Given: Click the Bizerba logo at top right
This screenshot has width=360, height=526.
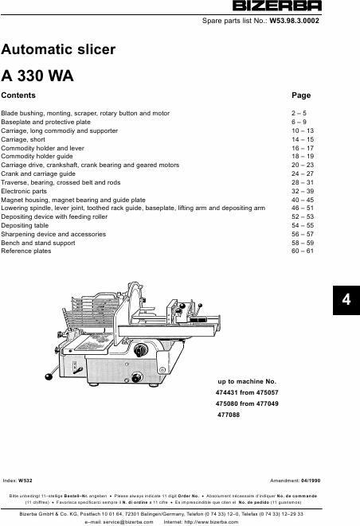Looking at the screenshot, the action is tap(277, 6).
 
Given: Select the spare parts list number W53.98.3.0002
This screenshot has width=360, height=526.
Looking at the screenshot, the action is tap(294, 21).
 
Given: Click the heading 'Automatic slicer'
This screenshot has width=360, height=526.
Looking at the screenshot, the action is tap(58, 49).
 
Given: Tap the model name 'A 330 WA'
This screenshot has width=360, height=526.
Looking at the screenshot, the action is tap(37, 76).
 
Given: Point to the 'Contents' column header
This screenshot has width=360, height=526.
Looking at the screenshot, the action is tap(18, 95).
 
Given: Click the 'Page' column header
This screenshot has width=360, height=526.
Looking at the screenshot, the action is tap(301, 95).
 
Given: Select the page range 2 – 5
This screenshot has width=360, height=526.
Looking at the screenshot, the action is tap(299, 113).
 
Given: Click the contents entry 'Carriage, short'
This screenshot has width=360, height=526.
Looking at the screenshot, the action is tap(23, 139).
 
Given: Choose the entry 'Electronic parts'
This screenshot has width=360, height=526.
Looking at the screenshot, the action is tap(24, 191).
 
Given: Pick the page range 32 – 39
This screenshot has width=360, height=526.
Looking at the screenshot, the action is tap(303, 191).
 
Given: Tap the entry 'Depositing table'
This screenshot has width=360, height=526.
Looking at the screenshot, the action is tap(25, 225).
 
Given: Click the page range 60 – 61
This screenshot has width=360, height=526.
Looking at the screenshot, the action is tap(303, 251).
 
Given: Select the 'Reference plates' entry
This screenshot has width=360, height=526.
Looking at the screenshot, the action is tap(25, 251).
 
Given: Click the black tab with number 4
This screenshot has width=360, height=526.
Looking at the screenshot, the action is tap(346, 300).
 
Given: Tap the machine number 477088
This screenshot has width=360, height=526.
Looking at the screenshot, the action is tap(229, 415).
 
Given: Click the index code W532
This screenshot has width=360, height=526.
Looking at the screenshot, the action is tap(25, 481).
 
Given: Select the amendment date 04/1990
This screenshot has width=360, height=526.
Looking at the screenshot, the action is tap(311, 481).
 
